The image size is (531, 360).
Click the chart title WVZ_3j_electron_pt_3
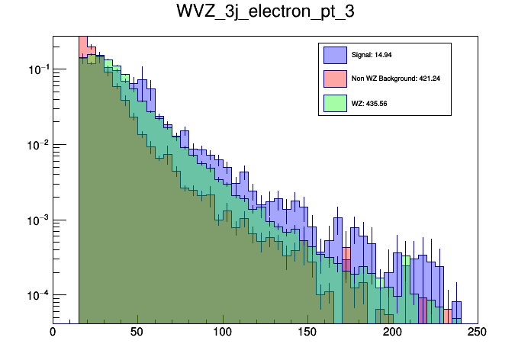point(265,14)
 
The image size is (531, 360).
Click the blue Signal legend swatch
point(334,55)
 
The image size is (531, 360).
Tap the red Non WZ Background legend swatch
point(334,78)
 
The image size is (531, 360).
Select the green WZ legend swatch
point(334,102)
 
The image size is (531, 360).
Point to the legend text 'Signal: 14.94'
point(371,55)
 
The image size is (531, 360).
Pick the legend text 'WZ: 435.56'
point(369,103)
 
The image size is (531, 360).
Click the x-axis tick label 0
point(53,332)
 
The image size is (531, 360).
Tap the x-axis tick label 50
point(137,332)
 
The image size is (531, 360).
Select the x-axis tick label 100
point(222,332)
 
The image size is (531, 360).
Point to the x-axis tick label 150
point(307,332)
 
